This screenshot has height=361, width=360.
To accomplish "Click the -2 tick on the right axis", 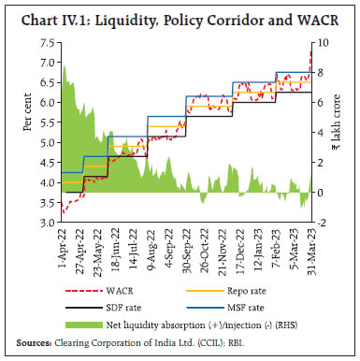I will coord(323,224).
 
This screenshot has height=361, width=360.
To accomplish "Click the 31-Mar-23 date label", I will coord(311,248).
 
